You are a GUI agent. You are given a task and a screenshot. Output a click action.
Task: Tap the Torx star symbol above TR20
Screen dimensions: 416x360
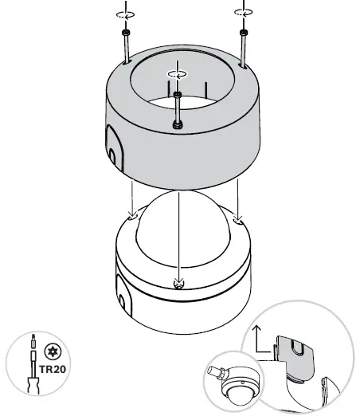pos(52,351)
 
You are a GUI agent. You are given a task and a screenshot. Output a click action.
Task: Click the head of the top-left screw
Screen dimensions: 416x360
pos(125,33)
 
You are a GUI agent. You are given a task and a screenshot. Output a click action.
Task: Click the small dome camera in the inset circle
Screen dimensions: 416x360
pos(237,390)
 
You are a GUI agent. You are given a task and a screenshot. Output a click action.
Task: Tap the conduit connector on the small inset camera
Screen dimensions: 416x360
pos(217,372)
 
